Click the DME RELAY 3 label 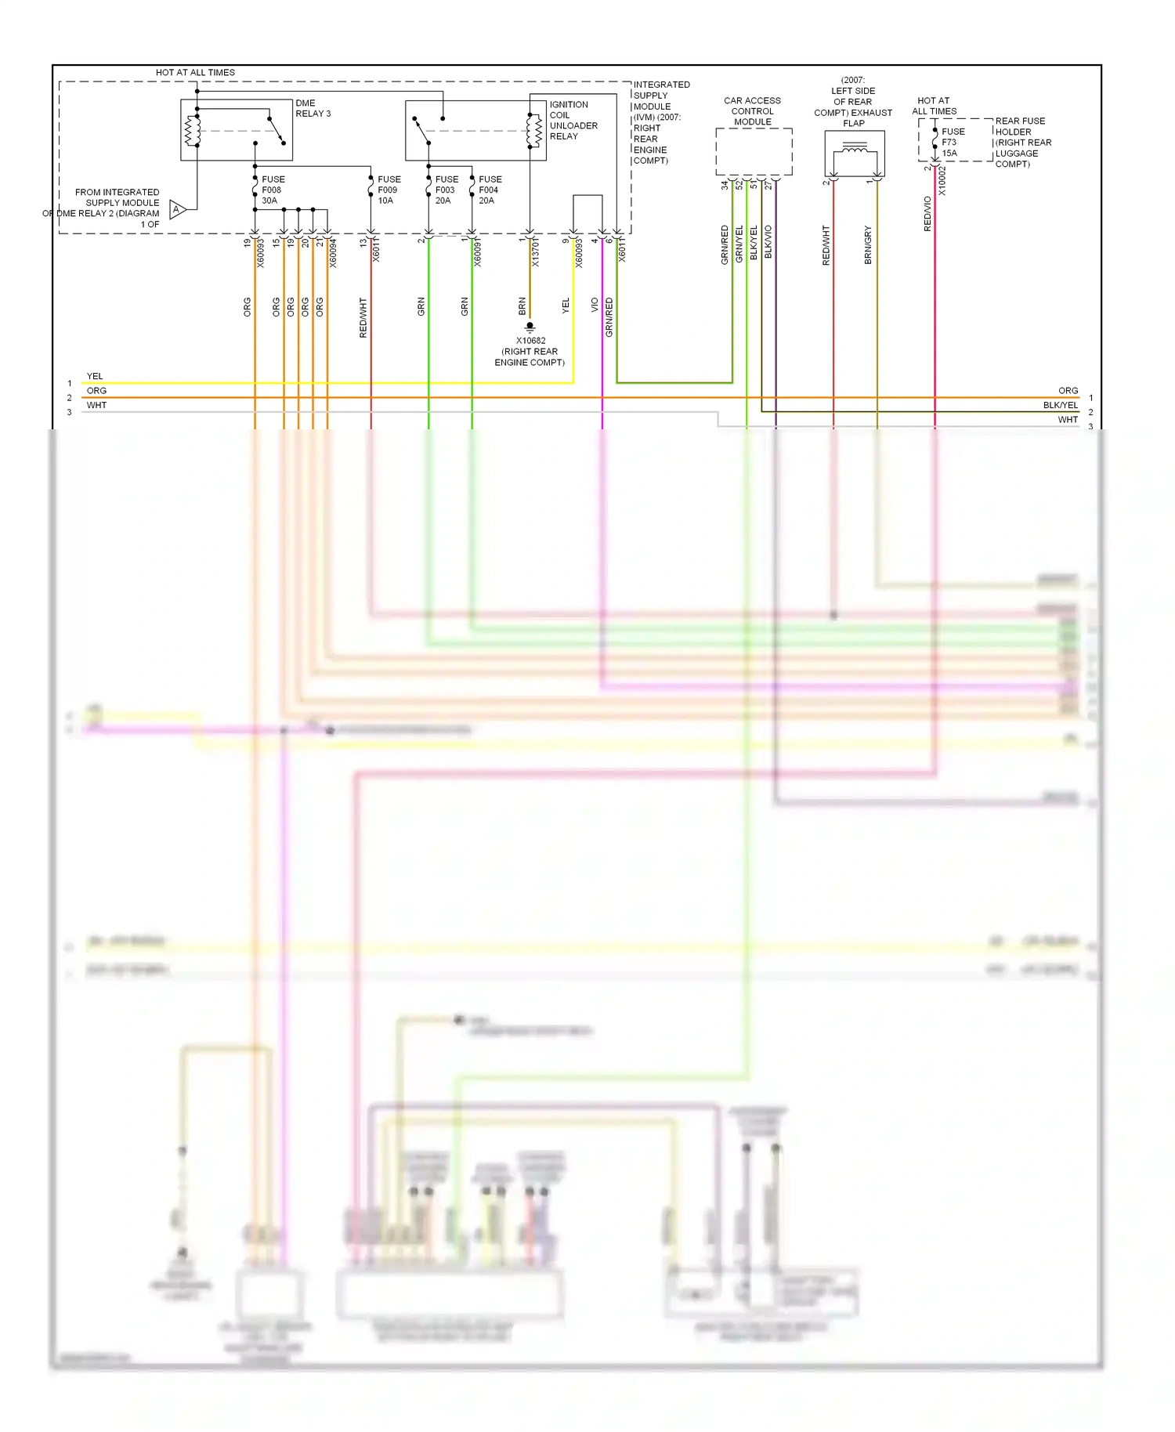[313, 108]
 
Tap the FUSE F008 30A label [273, 190]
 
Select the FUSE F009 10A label [389, 190]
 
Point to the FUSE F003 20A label [446, 190]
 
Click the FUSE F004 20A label [490, 190]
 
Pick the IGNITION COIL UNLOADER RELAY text [573, 120]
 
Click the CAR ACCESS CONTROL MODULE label [752, 111]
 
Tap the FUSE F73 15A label [953, 142]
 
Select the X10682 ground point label [530, 351]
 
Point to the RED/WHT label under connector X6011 [363, 317]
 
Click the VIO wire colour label [595, 305]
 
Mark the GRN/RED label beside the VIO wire [609, 317]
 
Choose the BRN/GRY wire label [868, 244]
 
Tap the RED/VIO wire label [927, 213]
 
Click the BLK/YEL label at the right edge [1060, 405]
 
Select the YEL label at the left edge [95, 376]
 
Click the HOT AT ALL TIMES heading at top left [195, 72]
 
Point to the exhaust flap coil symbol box [854, 154]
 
